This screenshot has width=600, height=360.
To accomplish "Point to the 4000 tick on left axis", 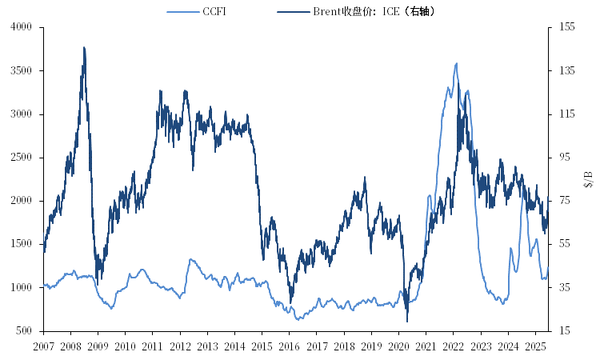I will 21,27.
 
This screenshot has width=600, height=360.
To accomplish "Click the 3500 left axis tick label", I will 21,70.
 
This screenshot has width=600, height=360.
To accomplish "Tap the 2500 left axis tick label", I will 21,158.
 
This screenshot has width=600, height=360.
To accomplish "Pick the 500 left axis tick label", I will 24,330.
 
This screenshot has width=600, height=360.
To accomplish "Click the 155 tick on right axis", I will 567,27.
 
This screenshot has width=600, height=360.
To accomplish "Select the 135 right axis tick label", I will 567,70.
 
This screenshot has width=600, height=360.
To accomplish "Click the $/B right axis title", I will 589,178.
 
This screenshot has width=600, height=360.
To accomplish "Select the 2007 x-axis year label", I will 43,346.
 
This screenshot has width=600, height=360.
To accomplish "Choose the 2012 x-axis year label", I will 180,346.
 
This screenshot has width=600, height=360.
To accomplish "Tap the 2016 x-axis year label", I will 289,346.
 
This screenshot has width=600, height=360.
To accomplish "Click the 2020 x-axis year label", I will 398,346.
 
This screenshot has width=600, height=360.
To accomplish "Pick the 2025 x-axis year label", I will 534,346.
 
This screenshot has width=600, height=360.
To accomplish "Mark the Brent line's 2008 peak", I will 84,47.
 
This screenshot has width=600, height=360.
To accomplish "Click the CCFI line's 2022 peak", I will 456,63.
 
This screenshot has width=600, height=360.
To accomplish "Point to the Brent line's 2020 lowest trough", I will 407,322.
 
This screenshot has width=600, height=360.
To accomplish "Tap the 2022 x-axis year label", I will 453,346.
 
